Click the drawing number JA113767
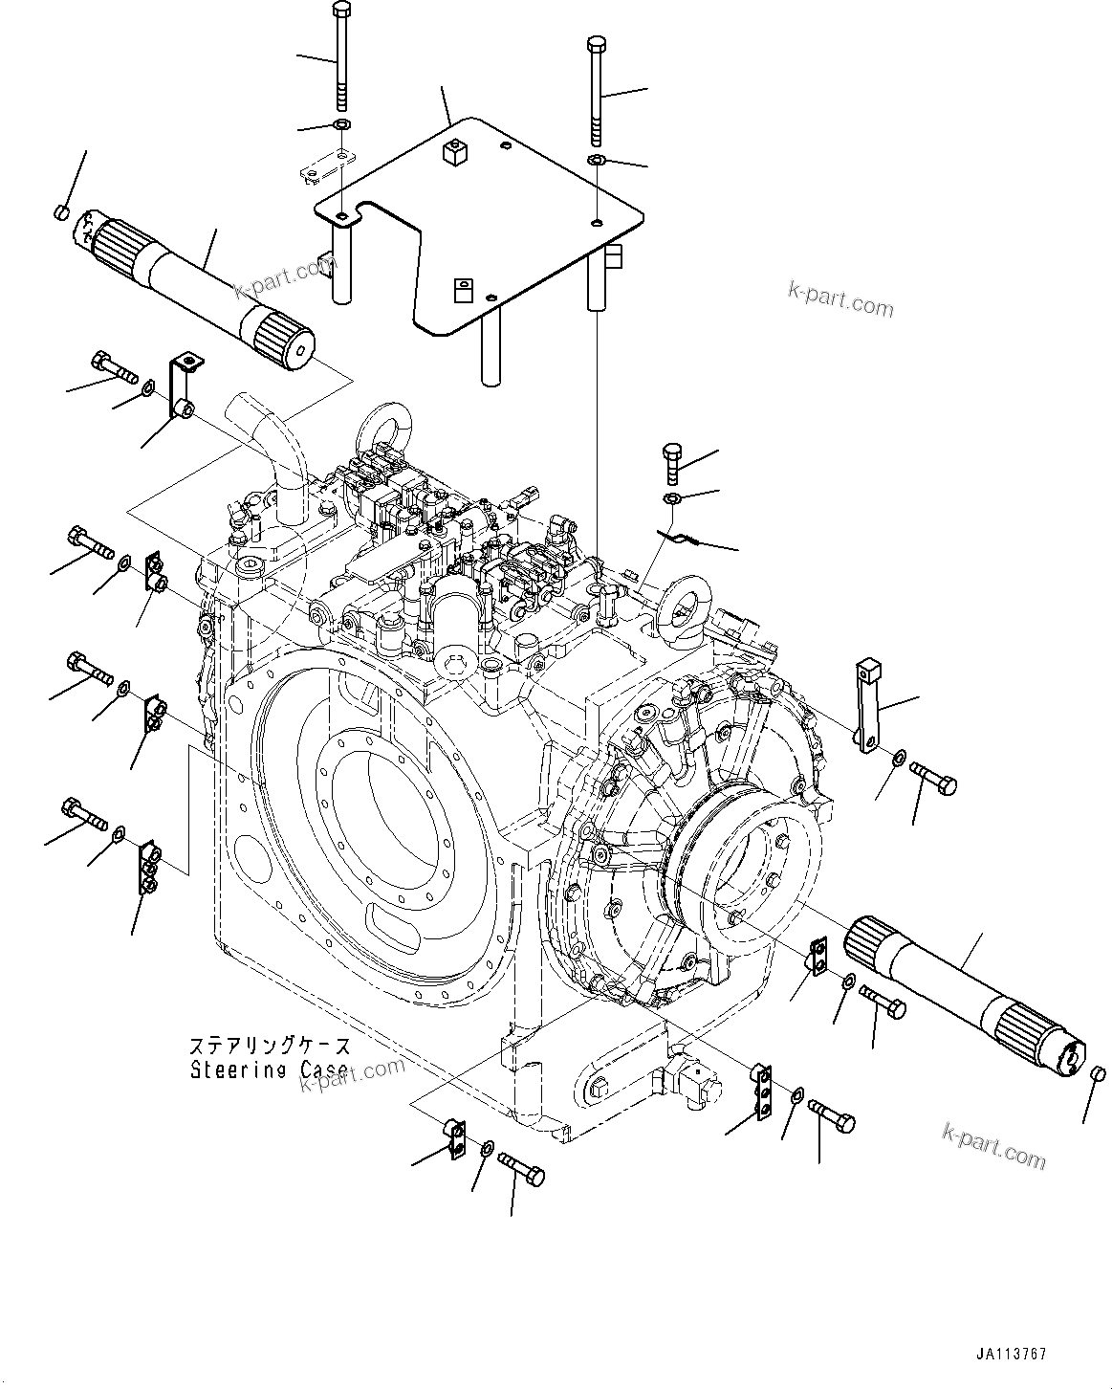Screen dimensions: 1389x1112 coord(1012,1354)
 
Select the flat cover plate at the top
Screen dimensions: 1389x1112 coord(478,230)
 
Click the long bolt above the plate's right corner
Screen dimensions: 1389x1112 coord(596,91)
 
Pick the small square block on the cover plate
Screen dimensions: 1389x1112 coord(454,150)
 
